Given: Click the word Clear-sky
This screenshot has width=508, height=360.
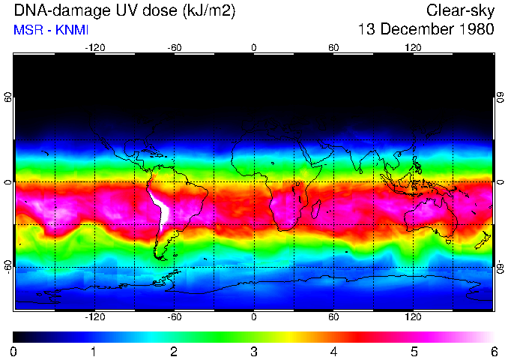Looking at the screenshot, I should (460, 10).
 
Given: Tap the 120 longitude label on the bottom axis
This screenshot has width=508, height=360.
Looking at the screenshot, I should (413, 317).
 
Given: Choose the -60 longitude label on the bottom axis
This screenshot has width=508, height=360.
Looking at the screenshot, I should (174, 317).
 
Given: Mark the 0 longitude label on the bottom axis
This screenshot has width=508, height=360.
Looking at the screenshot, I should (254, 317).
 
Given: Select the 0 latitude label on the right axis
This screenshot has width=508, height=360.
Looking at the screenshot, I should (500, 182).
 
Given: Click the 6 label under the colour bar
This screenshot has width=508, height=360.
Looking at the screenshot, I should (494, 351).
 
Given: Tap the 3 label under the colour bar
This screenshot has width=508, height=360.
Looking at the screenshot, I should (254, 351).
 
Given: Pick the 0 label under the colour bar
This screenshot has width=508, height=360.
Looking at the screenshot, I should (14, 351).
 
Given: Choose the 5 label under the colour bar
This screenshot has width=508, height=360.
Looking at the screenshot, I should (414, 351).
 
